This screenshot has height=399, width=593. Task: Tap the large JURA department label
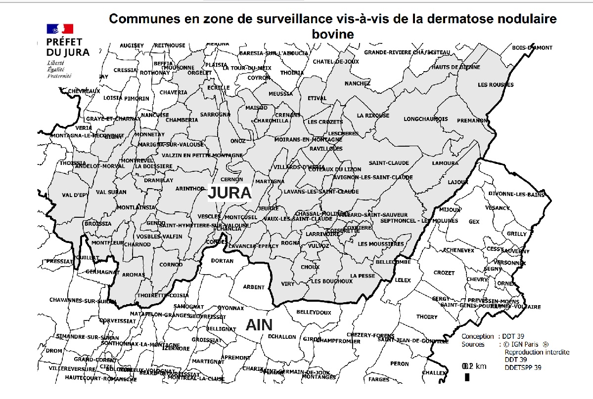point(230,193)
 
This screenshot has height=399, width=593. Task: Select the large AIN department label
point(259,325)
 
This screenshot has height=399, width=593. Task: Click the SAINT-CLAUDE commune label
point(389,163)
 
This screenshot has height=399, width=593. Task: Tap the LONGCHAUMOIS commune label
point(426,119)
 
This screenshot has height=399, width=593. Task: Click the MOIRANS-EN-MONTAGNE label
point(308,140)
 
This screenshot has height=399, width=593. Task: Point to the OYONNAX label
point(230,308)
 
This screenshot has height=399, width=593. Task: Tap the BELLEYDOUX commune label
point(314,313)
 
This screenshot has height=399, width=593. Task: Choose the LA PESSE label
point(363,276)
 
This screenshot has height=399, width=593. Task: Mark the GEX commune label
point(474,222)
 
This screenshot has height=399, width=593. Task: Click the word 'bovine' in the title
point(333,34)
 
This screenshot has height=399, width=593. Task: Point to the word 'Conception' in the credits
point(477,336)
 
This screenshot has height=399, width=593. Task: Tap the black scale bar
point(467,377)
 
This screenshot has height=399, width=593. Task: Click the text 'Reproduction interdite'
point(537,352)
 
